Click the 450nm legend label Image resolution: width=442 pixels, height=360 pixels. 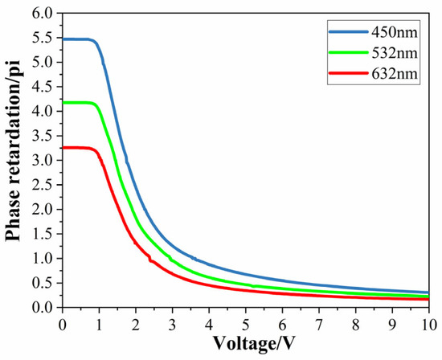[393, 33]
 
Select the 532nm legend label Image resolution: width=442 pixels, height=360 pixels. [393, 54]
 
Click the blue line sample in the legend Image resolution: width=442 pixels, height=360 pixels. [343, 33]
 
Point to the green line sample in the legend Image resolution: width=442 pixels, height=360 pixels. [343, 54]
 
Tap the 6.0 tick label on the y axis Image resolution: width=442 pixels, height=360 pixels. [45, 14]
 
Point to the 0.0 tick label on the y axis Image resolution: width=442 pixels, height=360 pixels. [45, 308]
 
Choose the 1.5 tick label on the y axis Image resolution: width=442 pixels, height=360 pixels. [45, 234]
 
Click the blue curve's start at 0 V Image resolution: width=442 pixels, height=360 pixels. [63, 39]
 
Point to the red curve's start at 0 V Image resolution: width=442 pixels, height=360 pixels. [63, 148]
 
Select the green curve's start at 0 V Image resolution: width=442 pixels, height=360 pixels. [63, 102]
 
